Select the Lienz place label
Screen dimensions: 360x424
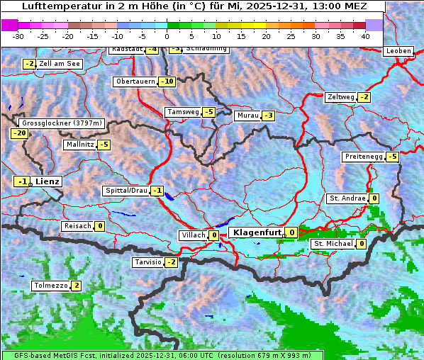(47, 181)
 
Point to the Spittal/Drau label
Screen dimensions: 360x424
(126, 191)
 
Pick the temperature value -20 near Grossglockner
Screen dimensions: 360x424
(19, 133)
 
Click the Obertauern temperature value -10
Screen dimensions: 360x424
(167, 81)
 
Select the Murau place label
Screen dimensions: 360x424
(247, 116)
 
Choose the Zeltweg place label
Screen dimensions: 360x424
(340, 97)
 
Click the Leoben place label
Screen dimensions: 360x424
(398, 51)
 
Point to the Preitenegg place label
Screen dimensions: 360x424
(363, 157)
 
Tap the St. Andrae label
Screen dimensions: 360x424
(347, 198)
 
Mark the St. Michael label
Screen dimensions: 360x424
(333, 244)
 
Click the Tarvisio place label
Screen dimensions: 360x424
(147, 262)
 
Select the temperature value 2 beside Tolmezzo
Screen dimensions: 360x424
(77, 286)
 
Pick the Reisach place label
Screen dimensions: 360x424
(77, 226)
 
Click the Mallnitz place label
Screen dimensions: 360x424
(79, 145)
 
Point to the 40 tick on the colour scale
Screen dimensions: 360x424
(364, 35)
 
